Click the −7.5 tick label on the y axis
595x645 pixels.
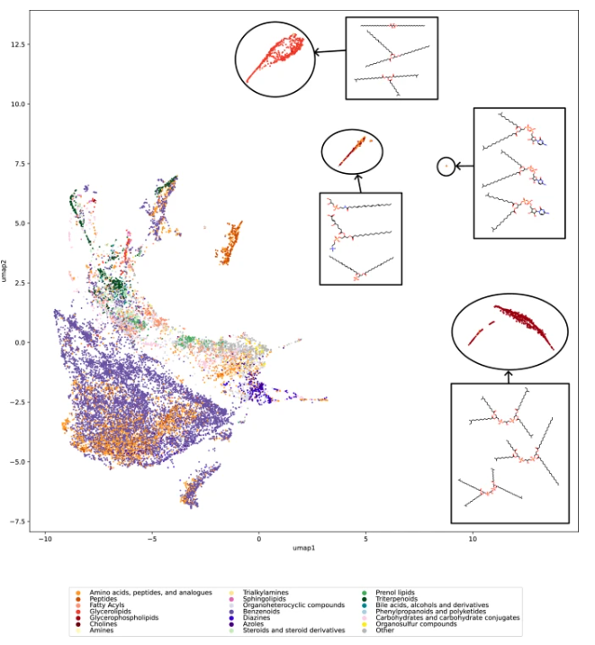[x=16, y=522]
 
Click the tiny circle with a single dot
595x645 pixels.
[x=446, y=167]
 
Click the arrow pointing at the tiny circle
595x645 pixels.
[x=464, y=167]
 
